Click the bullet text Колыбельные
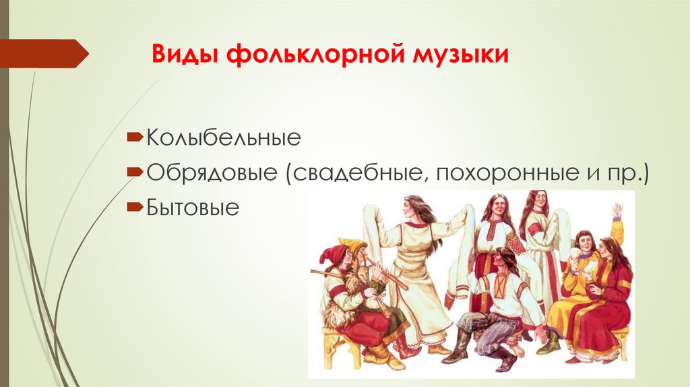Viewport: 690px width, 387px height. (222, 140)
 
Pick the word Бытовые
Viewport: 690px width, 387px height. (193, 207)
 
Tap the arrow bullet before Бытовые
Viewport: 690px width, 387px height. (134, 205)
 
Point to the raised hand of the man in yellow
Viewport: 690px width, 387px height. (615, 211)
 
